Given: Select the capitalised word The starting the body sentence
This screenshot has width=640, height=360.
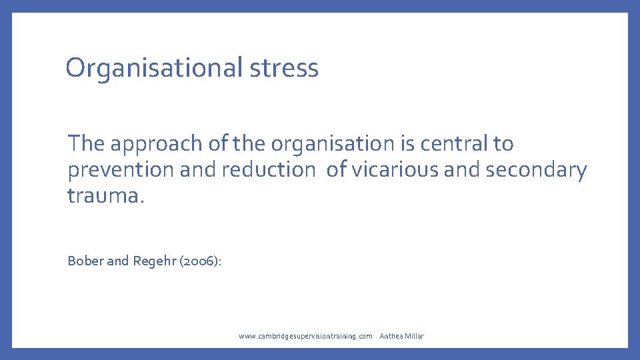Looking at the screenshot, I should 87,143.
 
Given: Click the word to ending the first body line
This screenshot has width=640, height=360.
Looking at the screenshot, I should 504,143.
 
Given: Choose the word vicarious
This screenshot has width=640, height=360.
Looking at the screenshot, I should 394,170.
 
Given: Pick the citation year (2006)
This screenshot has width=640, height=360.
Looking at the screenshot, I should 198,261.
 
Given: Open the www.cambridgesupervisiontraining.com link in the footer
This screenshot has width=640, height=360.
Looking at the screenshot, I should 305,336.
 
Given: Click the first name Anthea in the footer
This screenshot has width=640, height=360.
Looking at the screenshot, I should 391,336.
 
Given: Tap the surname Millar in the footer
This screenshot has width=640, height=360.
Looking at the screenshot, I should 415,336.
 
